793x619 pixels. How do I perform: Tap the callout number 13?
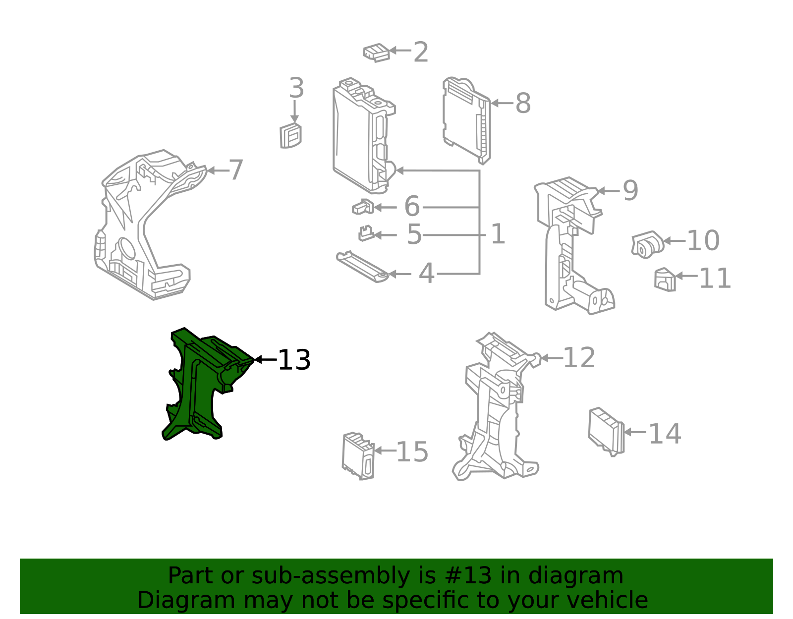point(294,360)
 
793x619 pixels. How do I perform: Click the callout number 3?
point(296,89)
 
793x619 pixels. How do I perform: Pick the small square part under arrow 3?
point(291,136)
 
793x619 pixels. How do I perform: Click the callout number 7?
point(236,170)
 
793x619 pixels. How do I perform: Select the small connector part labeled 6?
point(363,207)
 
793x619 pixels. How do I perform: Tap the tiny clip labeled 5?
point(366,233)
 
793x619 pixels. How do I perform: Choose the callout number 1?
point(498,234)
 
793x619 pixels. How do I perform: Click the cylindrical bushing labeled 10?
point(647,244)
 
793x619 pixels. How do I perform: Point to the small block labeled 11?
point(665,280)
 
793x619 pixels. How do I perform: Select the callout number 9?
point(630,190)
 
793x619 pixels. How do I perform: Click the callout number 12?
point(579,358)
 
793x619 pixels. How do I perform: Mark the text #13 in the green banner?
point(468,576)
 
